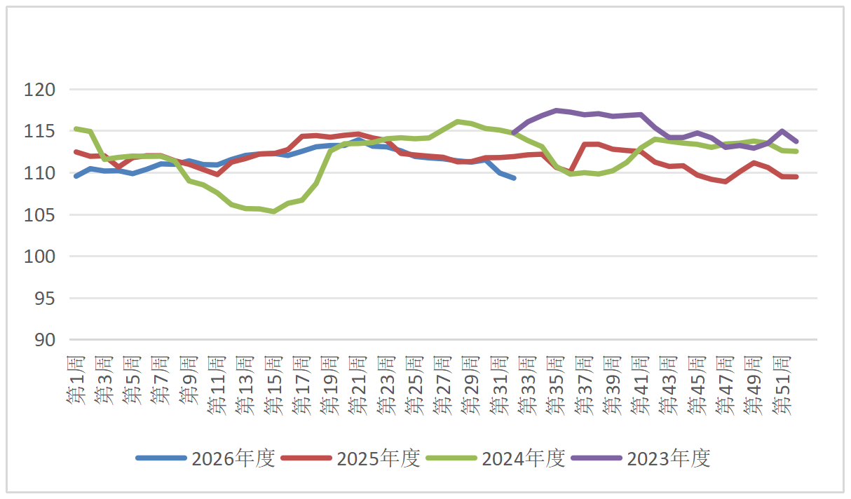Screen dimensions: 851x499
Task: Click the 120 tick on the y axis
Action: click(x=39, y=90)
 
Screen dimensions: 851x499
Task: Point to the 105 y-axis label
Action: click(x=39, y=215)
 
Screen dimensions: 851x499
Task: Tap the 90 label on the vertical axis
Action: click(x=45, y=341)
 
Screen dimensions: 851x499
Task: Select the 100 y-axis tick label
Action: click(x=39, y=257)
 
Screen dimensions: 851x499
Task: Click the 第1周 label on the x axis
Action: click(x=76, y=380)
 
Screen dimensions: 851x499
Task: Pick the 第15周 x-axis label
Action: click(x=274, y=385)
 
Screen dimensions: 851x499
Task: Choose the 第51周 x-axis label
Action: click(x=782, y=385)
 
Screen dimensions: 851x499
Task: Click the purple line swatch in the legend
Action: click(x=597, y=458)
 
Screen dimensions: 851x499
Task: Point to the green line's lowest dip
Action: click(x=274, y=212)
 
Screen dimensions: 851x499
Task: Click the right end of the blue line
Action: click(x=514, y=178)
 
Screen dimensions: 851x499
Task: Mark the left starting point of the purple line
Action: click(x=514, y=133)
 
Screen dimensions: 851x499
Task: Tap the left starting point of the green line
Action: click(x=76, y=129)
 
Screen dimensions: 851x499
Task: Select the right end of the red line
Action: click(x=796, y=177)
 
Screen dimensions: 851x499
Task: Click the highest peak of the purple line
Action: click(x=556, y=111)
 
